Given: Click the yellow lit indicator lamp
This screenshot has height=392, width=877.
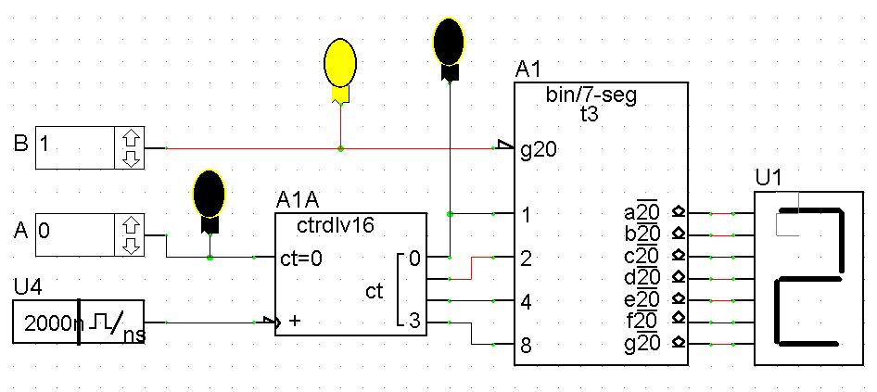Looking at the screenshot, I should (340, 62).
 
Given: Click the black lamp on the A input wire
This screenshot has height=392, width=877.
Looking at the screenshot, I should (210, 194).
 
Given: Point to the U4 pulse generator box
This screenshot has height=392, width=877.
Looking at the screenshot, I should (78, 322).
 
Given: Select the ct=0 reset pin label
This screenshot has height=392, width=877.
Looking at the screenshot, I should (301, 259).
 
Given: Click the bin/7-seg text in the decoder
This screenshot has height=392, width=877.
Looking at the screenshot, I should (593, 95).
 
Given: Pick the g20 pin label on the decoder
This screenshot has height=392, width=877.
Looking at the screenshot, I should (538, 148).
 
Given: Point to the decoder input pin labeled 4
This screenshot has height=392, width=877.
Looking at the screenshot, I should (526, 301).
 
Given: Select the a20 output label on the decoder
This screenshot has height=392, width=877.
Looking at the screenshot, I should (642, 213).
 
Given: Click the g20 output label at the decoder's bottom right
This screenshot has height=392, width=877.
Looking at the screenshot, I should (642, 343).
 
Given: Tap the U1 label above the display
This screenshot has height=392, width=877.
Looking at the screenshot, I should (769, 176).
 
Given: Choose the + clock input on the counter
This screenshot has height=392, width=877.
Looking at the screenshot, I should (295, 322).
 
